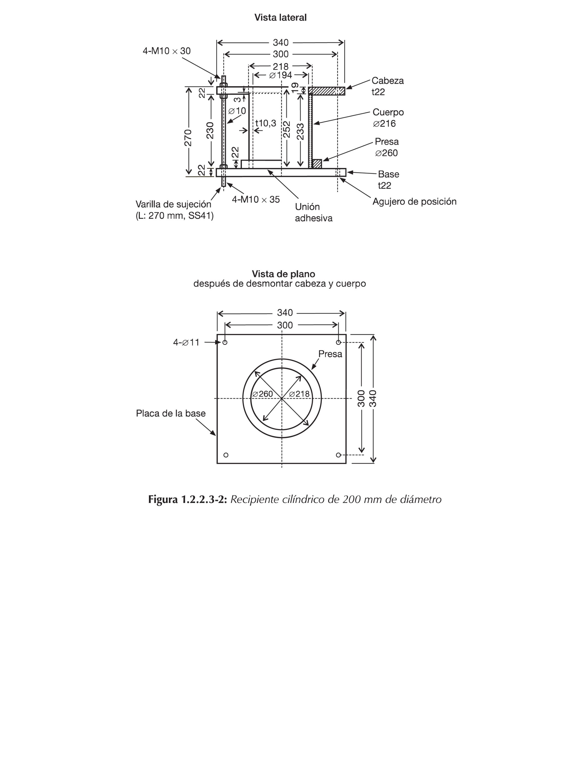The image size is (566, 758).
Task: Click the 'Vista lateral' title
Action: (280, 17)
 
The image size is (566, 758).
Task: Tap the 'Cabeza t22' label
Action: (387, 86)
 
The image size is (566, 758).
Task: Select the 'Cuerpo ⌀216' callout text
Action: (388, 117)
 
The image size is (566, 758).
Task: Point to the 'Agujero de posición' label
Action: (414, 201)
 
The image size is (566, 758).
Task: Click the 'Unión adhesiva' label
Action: (313, 212)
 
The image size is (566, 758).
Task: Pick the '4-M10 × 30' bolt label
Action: (166, 51)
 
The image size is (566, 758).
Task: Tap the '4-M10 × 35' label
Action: (256, 199)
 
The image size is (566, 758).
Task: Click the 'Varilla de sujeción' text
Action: (173, 204)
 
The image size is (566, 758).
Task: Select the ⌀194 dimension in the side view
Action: (280, 75)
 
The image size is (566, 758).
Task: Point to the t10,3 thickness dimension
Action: (266, 123)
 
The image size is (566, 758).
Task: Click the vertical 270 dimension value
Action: (188, 137)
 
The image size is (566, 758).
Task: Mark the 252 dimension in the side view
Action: (287, 129)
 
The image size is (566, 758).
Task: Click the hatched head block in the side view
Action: (326, 91)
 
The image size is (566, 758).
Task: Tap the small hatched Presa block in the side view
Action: (317, 164)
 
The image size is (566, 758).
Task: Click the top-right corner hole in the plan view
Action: (338, 342)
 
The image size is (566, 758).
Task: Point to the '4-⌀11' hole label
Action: (186, 342)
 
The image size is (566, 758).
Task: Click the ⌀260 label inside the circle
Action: (263, 394)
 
